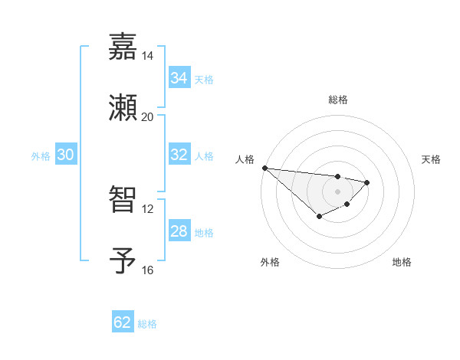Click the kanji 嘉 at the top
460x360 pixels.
click(x=123, y=47)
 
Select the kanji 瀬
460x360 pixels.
click(x=123, y=107)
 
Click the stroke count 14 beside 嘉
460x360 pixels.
click(x=147, y=56)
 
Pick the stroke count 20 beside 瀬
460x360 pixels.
click(x=147, y=117)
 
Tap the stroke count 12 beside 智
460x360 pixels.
click(x=147, y=208)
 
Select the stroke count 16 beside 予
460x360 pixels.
click(x=147, y=270)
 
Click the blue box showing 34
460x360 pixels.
click(x=179, y=78)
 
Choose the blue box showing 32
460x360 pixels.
click(x=179, y=155)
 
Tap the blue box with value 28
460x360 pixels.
click(x=179, y=231)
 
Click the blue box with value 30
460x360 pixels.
click(x=66, y=155)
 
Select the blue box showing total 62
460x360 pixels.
click(x=123, y=322)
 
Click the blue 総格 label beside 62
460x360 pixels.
click(x=147, y=324)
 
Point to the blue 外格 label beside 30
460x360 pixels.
click(x=41, y=156)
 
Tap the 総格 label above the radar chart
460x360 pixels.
click(x=337, y=100)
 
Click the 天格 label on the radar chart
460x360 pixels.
click(x=431, y=159)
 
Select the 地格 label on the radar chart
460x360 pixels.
click(x=402, y=262)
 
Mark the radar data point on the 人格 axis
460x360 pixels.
click(x=264, y=168)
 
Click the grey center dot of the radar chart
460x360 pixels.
click(x=337, y=191)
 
